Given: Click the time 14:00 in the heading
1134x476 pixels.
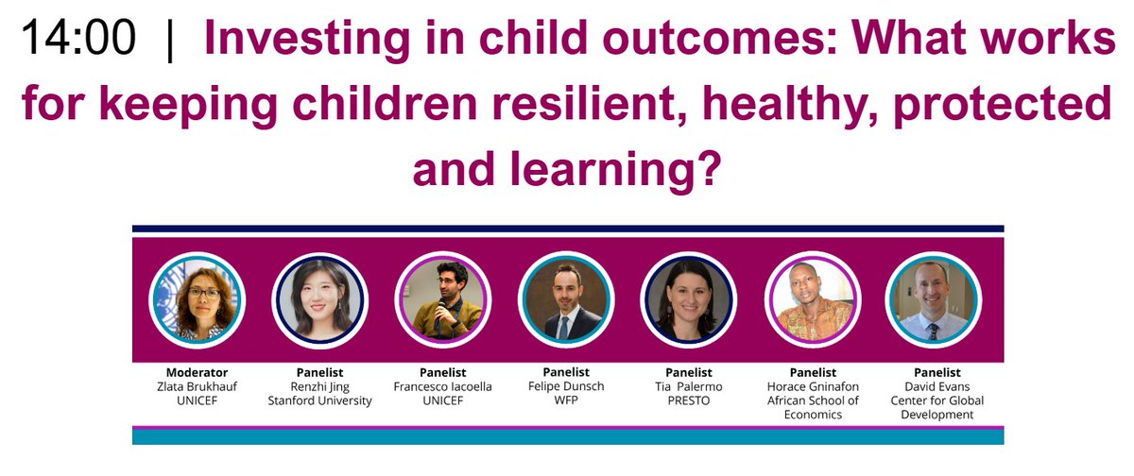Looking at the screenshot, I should (x=77, y=40).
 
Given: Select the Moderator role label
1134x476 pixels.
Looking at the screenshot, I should (x=198, y=372).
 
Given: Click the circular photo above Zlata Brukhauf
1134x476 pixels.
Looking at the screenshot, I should (x=198, y=299).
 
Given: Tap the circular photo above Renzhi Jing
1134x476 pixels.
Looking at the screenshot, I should (x=319, y=299).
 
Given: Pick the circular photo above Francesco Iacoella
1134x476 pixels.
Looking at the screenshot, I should (x=442, y=299).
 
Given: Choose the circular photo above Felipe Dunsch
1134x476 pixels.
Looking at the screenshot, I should (x=566, y=299).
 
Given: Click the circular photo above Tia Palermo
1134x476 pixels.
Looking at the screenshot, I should (x=688, y=299).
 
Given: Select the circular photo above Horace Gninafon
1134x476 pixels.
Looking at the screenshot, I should (x=811, y=299).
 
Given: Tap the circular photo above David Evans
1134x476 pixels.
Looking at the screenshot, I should (x=933, y=299).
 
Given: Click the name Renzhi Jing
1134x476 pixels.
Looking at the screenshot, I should (x=319, y=386).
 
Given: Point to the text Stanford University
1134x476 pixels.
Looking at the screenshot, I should (x=319, y=400).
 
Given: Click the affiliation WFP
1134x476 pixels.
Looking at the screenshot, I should (x=566, y=400).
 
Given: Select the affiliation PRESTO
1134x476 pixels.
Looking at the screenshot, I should (x=688, y=400).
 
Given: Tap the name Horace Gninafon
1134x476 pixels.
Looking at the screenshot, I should (x=811, y=386).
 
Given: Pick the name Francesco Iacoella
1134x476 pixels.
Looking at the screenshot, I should (x=442, y=386).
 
